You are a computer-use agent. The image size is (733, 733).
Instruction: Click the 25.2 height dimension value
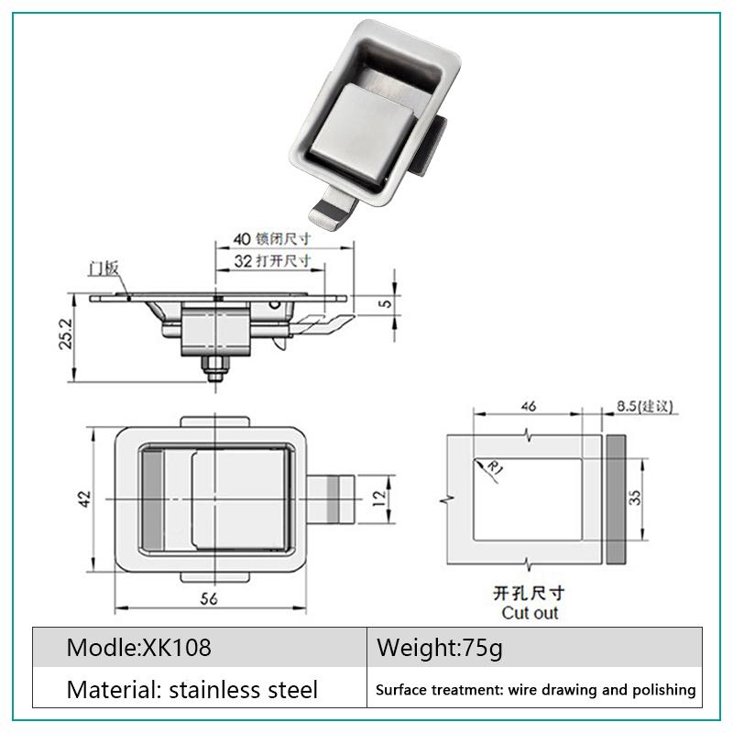66,334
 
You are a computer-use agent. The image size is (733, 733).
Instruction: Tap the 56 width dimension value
209,598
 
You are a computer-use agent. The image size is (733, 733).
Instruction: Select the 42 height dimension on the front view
84,498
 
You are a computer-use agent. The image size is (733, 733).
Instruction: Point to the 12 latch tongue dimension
380,498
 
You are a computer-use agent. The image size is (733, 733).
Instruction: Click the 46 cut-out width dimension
529,406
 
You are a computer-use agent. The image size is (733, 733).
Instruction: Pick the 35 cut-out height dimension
634,498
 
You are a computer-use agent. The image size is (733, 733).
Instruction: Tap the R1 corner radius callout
496,467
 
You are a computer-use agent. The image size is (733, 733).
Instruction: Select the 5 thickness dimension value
386,303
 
